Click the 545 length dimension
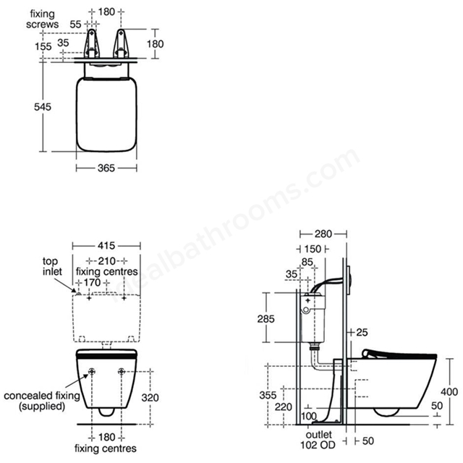tap(43, 106)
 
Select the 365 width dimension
tap(106, 168)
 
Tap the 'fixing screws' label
tap(42, 19)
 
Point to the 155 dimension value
tap(43, 46)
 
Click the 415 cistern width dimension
tap(106, 245)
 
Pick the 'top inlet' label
tap(52, 266)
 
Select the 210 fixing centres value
tap(106, 261)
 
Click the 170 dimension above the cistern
tap(92, 283)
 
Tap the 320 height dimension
tap(150, 398)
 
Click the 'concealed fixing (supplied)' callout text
tap(42, 401)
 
